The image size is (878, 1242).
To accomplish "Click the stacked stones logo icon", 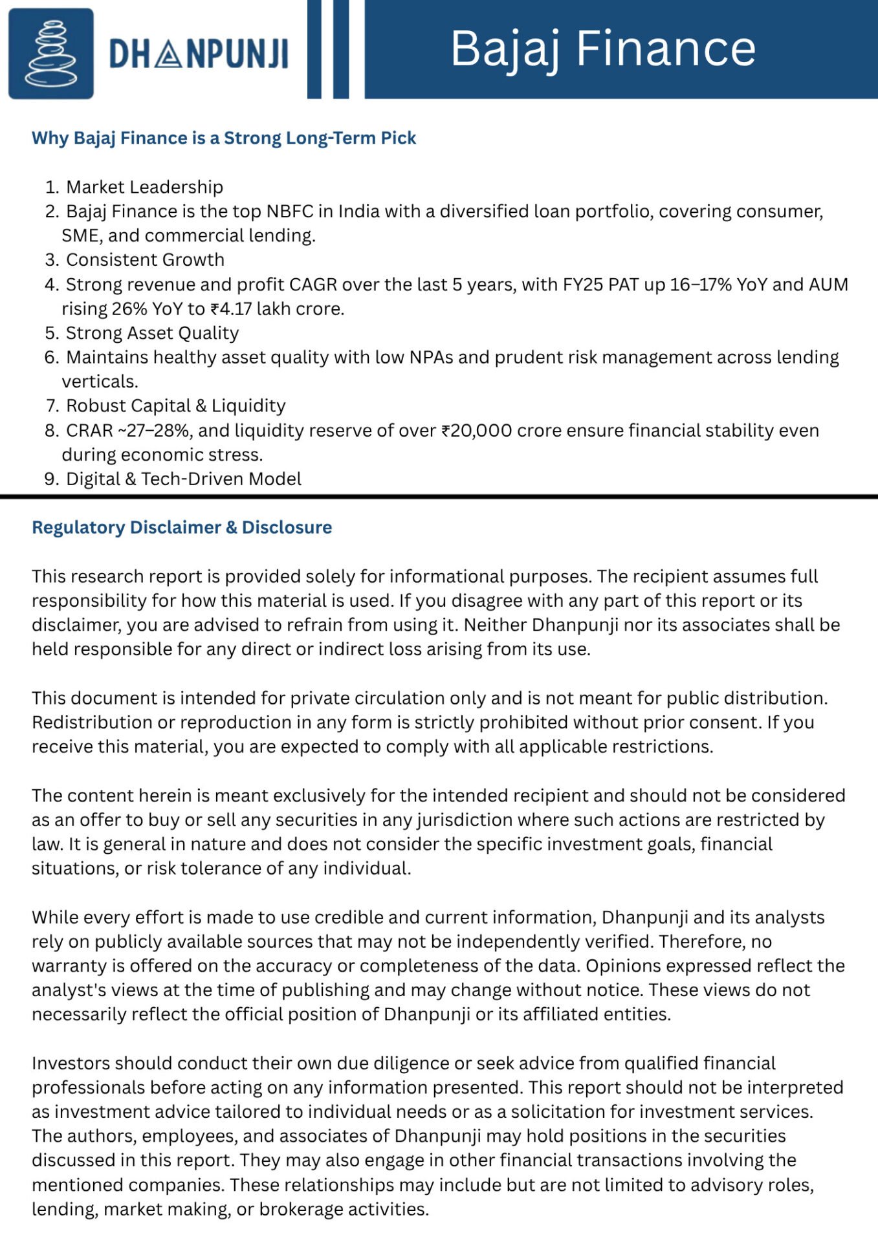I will click(50, 54).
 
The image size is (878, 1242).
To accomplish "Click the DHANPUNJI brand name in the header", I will click(199, 54).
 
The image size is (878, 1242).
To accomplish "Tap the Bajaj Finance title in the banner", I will click(603, 49).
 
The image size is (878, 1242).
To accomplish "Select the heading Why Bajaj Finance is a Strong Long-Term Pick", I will click(224, 138).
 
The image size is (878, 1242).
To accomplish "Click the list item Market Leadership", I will click(144, 187).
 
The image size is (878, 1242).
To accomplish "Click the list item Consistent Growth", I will click(145, 260).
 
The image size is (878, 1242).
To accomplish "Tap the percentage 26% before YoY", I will click(129, 309).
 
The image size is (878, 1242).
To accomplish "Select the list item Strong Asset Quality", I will click(152, 333).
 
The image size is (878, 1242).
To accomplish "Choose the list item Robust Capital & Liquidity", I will click(175, 406).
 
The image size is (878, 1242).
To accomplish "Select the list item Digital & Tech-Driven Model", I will click(184, 479).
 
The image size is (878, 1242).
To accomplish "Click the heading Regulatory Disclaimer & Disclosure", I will click(182, 527).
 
